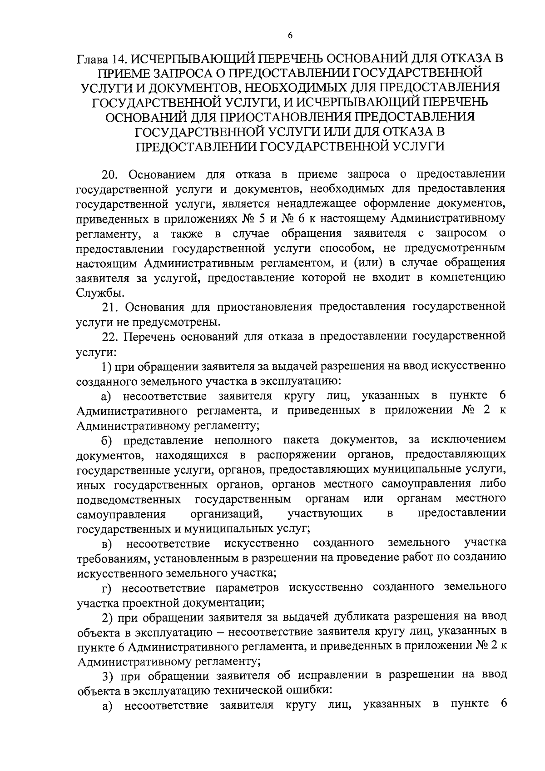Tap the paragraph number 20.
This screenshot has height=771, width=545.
click(x=110, y=174)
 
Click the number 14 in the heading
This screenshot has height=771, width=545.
click(x=119, y=59)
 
